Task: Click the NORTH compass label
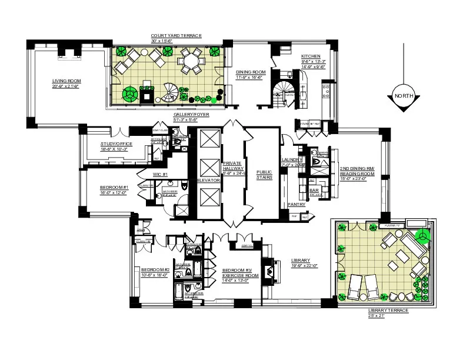coord(403,96)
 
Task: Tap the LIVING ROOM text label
coord(66,81)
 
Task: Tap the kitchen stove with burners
coord(325,90)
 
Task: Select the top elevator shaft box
coord(209,139)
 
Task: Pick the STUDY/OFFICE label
coord(116,144)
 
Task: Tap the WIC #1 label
coord(161,174)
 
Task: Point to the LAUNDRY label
coord(291,159)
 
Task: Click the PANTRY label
coord(296,205)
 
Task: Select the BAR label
coord(315,191)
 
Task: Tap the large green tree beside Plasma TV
coord(422,235)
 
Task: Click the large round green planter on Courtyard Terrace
coord(129,94)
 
